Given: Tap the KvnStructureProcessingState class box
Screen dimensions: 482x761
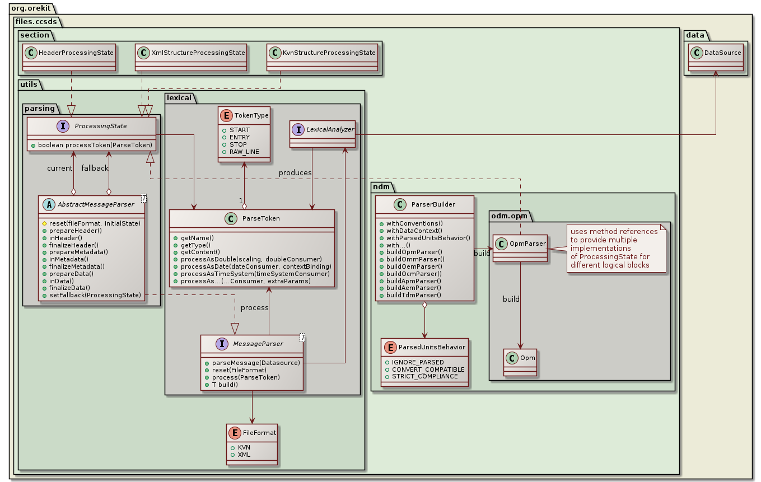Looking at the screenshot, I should tap(322, 58).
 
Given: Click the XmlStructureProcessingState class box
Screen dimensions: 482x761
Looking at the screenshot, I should tap(191, 58).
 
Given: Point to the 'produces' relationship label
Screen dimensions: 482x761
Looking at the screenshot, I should tap(295, 173).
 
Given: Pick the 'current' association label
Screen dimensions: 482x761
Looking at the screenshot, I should tap(60, 168).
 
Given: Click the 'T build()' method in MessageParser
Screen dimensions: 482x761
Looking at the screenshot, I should tap(224, 385).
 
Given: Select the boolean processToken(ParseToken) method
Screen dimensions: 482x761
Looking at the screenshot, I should tap(92, 145).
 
